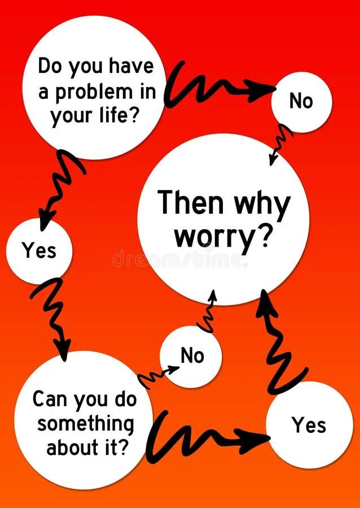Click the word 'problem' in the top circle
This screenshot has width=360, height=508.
tap(93, 92)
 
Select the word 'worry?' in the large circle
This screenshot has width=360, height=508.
tap(223, 238)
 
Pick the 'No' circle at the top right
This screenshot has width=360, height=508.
tap(301, 102)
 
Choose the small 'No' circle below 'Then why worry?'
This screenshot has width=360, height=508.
tap(192, 356)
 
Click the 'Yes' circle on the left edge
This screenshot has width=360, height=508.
tap(39, 250)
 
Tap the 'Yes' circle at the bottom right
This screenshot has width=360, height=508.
tap(309, 425)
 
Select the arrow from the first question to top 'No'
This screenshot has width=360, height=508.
tap(214, 87)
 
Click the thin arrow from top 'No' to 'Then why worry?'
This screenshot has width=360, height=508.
tap(280, 143)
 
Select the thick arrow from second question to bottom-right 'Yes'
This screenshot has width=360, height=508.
tap(203, 437)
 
